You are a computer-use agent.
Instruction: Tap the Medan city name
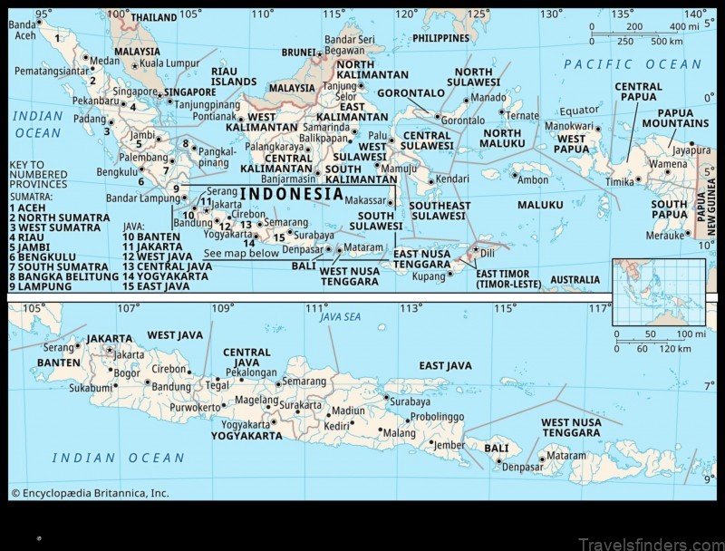point(105,61)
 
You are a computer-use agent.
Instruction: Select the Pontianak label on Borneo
point(213,117)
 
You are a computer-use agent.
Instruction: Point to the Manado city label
point(489,97)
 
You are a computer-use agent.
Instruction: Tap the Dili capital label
point(488,253)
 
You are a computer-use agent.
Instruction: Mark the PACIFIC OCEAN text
point(633,64)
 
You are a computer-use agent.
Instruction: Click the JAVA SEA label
point(340,317)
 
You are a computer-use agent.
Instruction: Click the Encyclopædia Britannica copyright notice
point(90,494)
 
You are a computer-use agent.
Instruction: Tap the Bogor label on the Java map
point(126,372)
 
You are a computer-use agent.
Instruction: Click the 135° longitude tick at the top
point(622,14)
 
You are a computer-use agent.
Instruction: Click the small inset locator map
point(658,291)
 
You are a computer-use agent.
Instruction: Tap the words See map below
point(241,253)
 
